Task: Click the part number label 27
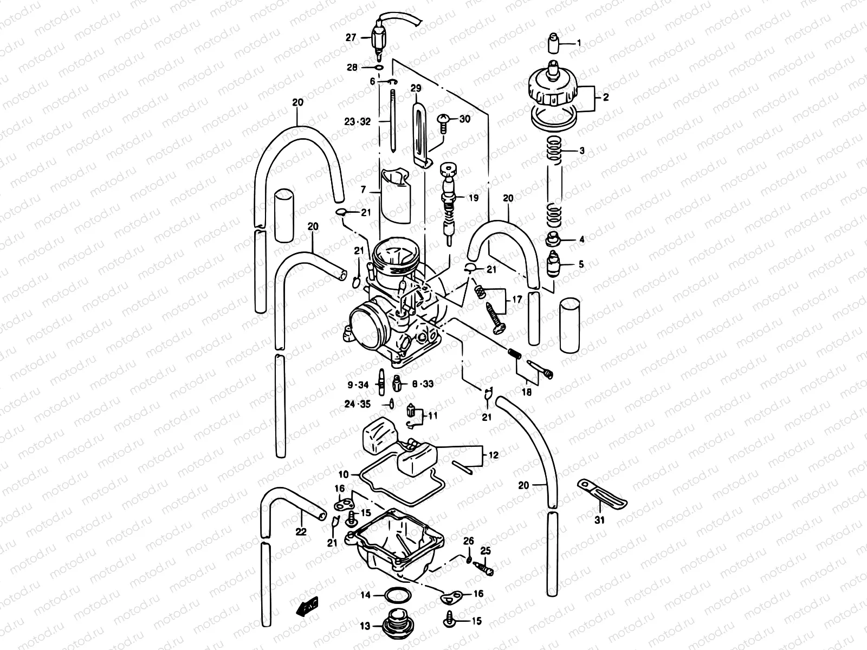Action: (351, 38)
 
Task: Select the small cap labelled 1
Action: (553, 42)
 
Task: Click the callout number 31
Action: (599, 521)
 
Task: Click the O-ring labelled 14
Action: (397, 595)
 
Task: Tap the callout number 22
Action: (301, 532)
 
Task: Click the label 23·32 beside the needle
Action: (358, 122)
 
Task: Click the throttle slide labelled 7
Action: (396, 198)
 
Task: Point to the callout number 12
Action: (494, 456)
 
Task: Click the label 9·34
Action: (358, 385)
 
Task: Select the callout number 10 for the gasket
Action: (344, 474)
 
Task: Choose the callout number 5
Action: (581, 264)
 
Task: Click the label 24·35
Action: (358, 404)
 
